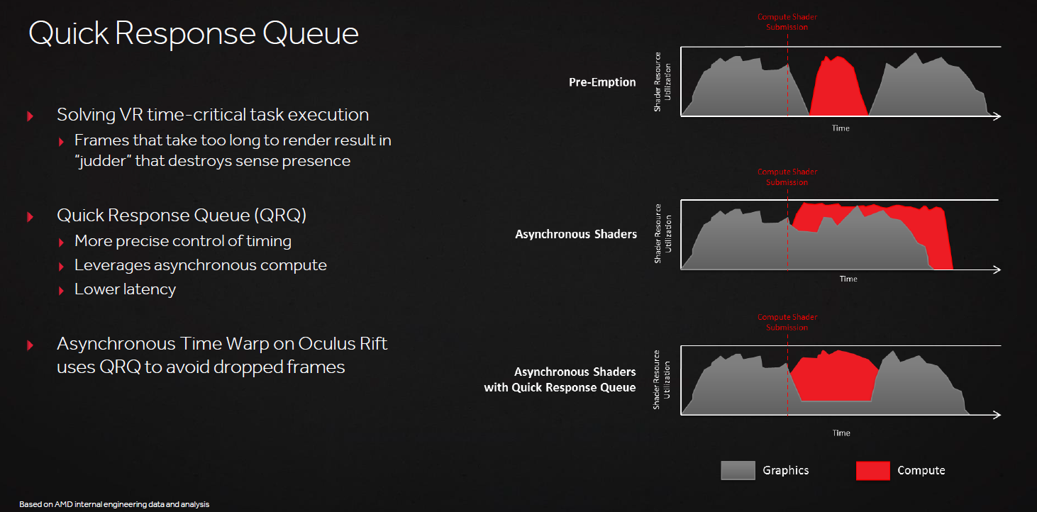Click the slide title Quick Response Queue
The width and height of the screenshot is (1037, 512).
coord(194,33)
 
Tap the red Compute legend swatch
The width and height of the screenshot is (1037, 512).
coord(872,470)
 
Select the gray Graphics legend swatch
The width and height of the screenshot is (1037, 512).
coord(738,470)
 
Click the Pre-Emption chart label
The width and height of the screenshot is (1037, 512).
coord(602,82)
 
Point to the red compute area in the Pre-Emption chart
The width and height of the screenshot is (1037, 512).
coord(838,90)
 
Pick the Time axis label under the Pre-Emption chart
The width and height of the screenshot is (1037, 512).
coord(841,128)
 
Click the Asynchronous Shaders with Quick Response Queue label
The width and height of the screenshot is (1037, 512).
coord(560,379)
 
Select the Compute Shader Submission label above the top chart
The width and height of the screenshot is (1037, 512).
coord(787,22)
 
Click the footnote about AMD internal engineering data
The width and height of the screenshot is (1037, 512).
coord(114,504)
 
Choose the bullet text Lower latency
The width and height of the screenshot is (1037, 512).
coord(125,289)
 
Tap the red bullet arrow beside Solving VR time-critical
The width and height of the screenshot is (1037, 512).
coord(30,116)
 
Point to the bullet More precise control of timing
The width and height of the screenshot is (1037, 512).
coord(183,241)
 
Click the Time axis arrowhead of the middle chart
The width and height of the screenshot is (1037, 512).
coord(997,269)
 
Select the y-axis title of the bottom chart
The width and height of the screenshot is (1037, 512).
coord(661,379)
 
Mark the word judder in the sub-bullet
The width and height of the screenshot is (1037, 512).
coord(105,161)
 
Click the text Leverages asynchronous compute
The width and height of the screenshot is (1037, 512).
coord(201,265)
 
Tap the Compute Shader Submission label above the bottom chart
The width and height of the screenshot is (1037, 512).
coord(787,322)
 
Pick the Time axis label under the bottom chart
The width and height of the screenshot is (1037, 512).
coord(841,433)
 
